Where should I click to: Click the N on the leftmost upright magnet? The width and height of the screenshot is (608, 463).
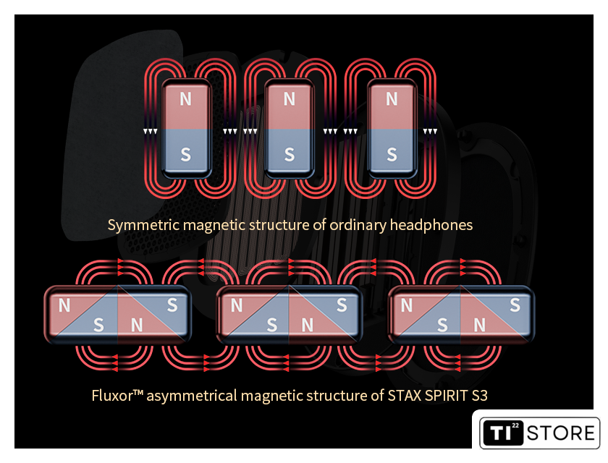pos(186,99)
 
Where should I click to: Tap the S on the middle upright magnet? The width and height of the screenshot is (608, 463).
pos(290,155)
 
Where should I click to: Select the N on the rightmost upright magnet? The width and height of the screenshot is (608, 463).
pos(392,99)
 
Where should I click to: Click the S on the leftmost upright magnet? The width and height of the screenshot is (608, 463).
pos(186,155)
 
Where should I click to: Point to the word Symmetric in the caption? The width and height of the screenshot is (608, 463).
pos(143,225)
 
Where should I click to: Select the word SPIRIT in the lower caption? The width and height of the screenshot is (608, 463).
pos(447,396)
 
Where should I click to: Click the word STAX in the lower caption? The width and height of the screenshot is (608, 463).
pos(405,396)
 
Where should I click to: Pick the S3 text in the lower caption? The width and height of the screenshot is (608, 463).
pos(480,396)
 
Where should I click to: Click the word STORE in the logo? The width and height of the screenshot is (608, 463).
pos(561,433)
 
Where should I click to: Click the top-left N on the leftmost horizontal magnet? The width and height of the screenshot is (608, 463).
pos(64,306)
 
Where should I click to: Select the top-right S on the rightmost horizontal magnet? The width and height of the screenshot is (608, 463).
pos(515,305)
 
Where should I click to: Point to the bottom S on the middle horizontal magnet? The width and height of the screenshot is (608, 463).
pos(272,325)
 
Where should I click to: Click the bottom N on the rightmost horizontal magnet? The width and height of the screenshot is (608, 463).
pos(480,325)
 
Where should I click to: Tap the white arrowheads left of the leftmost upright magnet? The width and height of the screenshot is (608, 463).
pos(150,132)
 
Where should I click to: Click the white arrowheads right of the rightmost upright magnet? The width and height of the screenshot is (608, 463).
pos(430,132)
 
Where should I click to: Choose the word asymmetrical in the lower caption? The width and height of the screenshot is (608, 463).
pos(192,396)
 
